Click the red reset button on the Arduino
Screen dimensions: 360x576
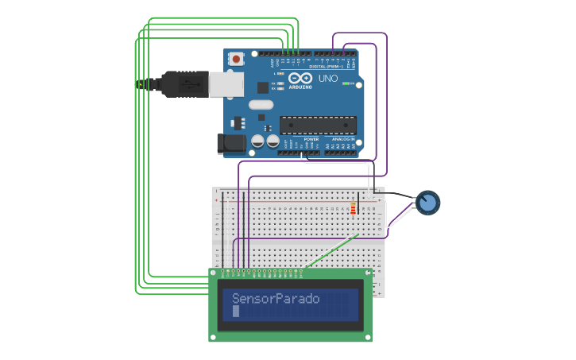[x=236, y=58]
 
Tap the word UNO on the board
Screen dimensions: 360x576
[x=329, y=79]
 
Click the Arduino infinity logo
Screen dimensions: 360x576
[x=301, y=78]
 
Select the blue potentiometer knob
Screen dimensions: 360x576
[x=428, y=203]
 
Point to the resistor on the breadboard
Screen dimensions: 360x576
[x=353, y=207]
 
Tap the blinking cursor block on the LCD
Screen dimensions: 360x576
[x=236, y=312]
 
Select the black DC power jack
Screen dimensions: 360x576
[x=230, y=143]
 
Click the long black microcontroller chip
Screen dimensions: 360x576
[x=318, y=125]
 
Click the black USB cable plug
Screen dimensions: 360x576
[x=180, y=83]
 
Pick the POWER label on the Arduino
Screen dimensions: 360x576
[x=311, y=139]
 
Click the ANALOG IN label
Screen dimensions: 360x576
[x=343, y=139]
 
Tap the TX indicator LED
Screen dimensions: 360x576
[x=280, y=83]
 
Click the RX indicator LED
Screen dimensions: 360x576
[x=280, y=88]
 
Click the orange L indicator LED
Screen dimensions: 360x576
[x=280, y=73]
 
